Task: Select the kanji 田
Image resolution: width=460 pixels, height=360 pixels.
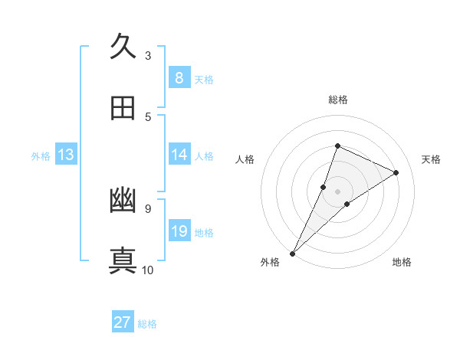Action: [x=123, y=108]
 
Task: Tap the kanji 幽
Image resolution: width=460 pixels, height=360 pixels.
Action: [x=123, y=200]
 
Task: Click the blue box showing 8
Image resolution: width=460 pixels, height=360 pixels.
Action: [x=179, y=78]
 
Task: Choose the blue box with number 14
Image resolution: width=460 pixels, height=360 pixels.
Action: [x=179, y=155]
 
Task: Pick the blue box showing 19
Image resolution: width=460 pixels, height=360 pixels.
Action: [x=179, y=231]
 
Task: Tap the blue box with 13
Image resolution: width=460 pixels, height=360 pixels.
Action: [x=66, y=155]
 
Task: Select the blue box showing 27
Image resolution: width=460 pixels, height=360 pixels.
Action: [x=123, y=322]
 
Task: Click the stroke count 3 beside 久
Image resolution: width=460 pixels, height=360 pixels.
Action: [x=148, y=55]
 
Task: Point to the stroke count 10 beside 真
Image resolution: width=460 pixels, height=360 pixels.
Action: [x=148, y=270]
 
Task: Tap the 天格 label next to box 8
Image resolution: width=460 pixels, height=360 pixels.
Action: [x=204, y=79]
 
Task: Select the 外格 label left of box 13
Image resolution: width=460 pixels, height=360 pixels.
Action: [x=41, y=156]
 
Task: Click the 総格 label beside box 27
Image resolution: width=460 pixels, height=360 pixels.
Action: [x=147, y=323]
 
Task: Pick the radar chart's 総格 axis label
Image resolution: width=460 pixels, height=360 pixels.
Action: [x=337, y=100]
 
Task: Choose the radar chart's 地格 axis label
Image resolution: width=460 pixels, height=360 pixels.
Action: [x=402, y=262]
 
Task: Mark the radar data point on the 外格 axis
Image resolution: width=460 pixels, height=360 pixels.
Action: [x=293, y=253]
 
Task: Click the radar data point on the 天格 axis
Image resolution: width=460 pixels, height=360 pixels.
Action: [x=396, y=172]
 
